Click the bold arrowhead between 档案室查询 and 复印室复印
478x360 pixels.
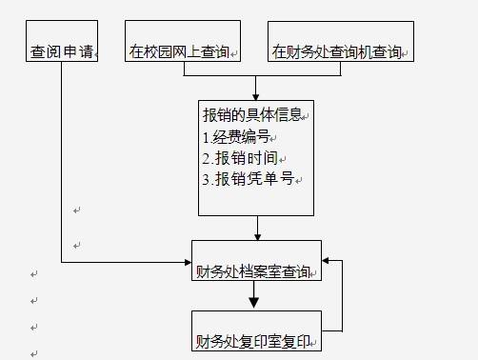254,303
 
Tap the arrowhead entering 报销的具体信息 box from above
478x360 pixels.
255,95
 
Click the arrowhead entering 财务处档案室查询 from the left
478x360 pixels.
187,261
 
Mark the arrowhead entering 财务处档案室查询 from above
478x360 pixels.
257,234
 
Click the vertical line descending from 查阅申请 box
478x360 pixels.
62,162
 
